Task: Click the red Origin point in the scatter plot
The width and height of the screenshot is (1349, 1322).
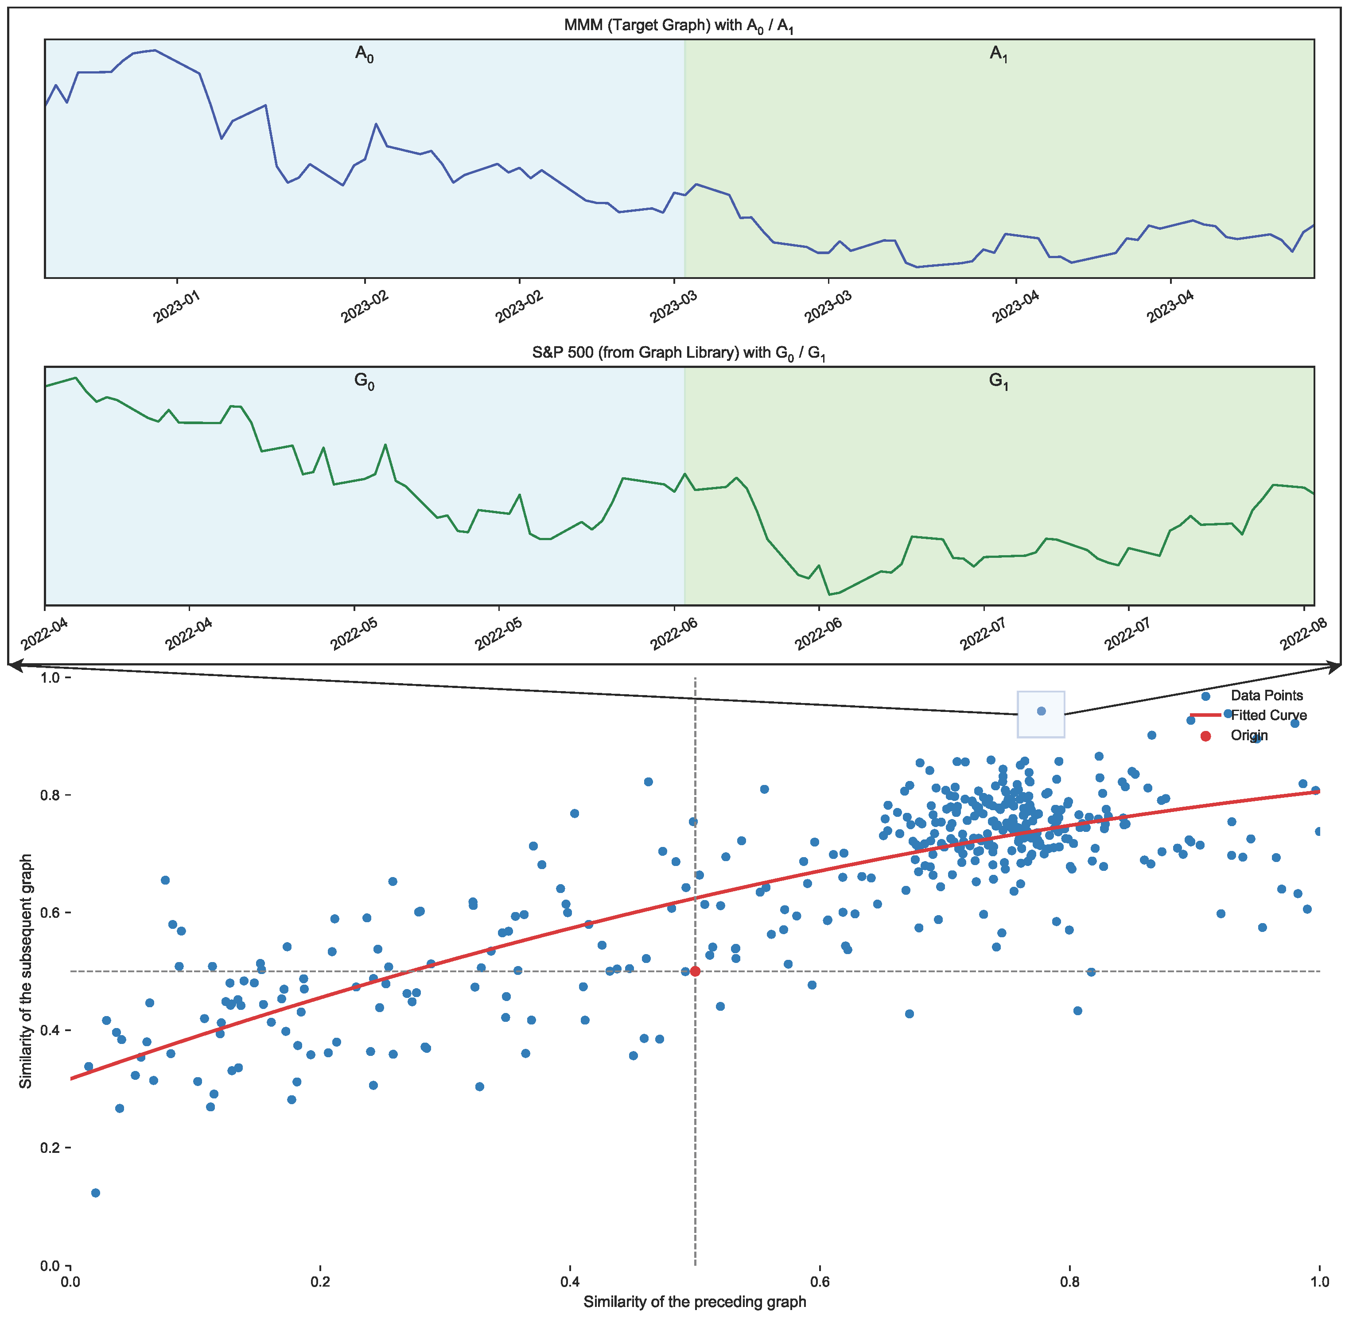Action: click(x=696, y=971)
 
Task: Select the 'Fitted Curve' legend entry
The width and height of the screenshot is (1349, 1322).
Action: click(x=1268, y=715)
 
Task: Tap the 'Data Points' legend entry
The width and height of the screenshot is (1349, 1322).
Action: click(x=1266, y=695)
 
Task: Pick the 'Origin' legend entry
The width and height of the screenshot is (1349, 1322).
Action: click(x=1249, y=735)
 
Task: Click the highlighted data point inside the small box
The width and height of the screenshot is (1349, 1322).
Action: click(x=1041, y=711)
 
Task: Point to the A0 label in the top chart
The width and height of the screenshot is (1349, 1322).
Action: click(x=365, y=54)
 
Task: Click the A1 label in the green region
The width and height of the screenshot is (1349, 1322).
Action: click(x=998, y=54)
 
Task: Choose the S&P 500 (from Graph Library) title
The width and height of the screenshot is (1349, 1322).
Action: click(x=679, y=353)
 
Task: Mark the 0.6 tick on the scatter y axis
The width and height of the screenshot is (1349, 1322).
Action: click(x=51, y=912)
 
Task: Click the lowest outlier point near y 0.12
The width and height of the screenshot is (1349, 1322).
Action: click(x=96, y=1193)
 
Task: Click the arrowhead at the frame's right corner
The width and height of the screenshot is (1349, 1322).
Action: click(x=1337, y=667)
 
